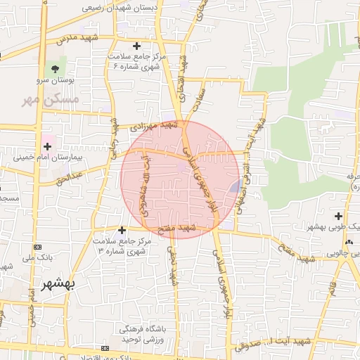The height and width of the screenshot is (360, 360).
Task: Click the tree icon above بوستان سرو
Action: point(54,70)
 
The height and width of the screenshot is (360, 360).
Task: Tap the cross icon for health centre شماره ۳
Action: point(122,229)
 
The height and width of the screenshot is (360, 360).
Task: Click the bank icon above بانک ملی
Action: point(37,247)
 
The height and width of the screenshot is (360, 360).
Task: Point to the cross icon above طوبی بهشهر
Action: point(339,216)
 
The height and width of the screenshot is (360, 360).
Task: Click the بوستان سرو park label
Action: point(54,82)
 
